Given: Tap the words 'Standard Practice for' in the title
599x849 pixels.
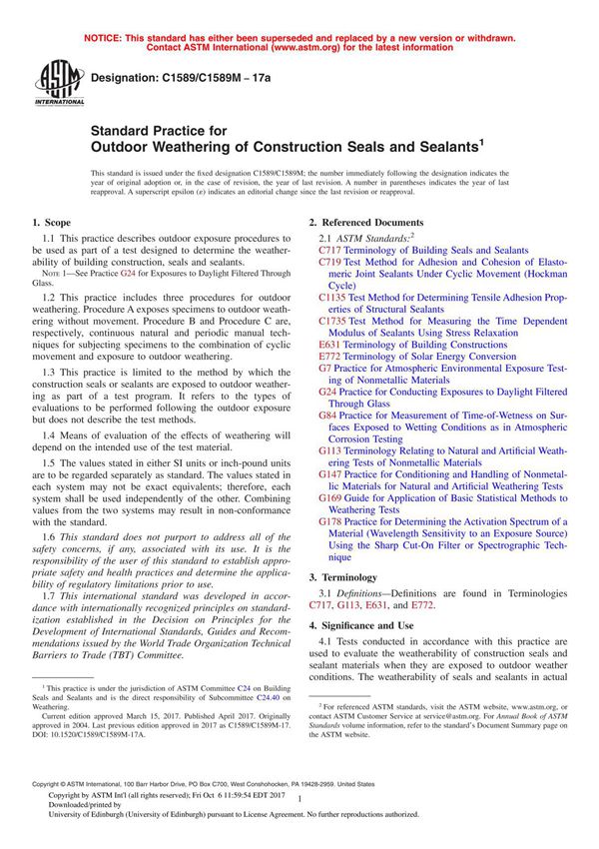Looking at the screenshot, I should pyautogui.click(x=159, y=130).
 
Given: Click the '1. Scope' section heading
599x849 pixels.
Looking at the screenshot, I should pyautogui.click(x=51, y=222).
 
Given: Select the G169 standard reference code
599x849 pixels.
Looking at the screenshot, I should pyautogui.click(x=331, y=497).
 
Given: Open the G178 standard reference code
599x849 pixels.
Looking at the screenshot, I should pyautogui.click(x=331, y=521).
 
